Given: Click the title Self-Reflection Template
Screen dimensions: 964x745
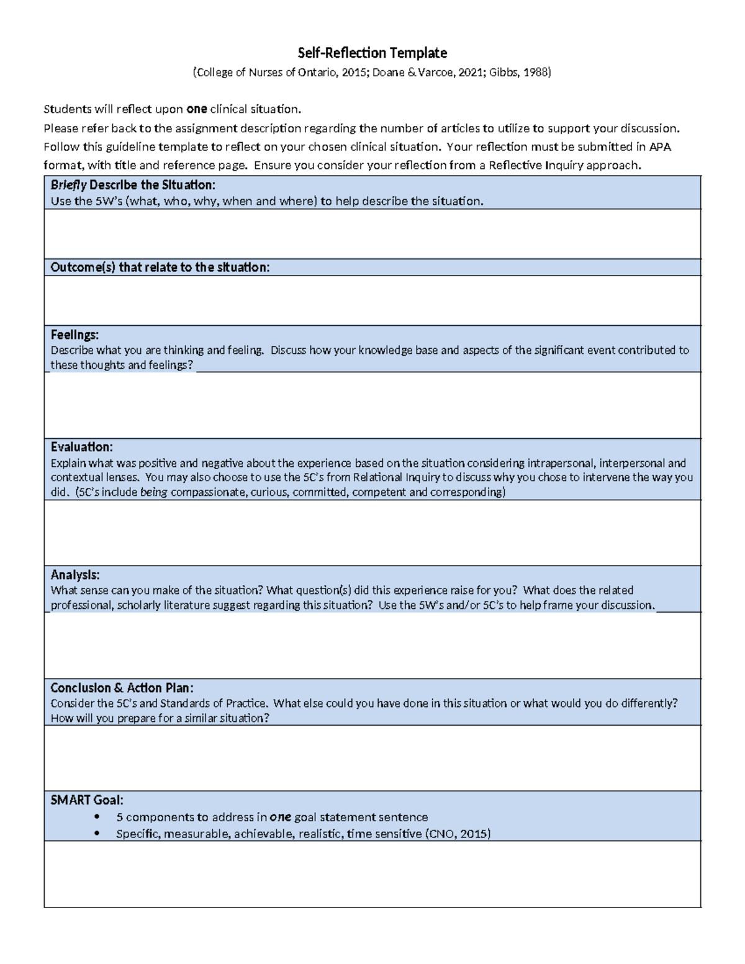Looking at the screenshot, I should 372,53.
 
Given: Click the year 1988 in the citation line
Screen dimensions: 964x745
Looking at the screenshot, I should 535,73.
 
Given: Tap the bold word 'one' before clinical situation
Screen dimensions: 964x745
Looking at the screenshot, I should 196,109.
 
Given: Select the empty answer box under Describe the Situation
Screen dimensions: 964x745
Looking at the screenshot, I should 372,233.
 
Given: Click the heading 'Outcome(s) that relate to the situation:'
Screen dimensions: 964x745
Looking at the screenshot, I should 160,268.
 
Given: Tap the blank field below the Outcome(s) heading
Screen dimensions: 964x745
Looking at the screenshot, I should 372,300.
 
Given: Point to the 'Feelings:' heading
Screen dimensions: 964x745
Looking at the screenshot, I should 74,335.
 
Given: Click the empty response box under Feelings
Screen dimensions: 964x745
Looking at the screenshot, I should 372,405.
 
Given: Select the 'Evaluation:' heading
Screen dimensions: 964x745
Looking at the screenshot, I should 81,447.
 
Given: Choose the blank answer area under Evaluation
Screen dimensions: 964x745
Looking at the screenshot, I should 372,533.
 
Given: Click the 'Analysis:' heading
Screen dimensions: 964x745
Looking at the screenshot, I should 74,575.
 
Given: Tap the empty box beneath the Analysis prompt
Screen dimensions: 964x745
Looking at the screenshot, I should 372,645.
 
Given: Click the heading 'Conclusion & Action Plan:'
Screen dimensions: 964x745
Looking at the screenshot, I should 122,688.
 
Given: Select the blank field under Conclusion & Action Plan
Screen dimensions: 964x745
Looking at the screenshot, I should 372,757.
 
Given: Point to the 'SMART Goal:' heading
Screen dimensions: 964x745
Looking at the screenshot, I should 87,800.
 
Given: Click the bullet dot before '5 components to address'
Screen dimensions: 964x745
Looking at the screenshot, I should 96,818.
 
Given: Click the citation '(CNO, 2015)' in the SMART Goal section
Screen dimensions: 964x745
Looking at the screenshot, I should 458,834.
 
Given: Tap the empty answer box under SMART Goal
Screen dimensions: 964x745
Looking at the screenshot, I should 372,874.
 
